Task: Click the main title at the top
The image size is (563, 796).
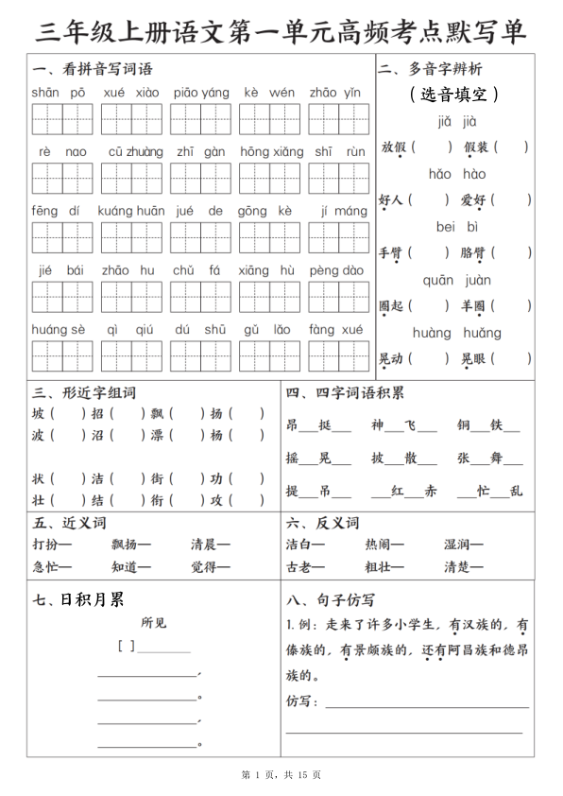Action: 281,30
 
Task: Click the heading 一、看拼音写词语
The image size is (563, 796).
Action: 92,69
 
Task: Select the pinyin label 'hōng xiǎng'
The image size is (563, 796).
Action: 272,151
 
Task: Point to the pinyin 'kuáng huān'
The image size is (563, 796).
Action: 130,211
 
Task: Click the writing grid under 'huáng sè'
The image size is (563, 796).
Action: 62,356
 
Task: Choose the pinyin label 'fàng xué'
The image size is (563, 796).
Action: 335,329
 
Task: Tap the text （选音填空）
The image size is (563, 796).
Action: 455,95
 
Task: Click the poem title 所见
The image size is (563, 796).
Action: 153,623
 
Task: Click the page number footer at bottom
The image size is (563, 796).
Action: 281,775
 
